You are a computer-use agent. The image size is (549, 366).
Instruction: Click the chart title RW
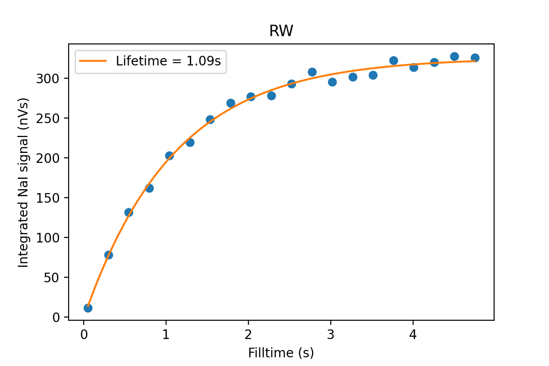tap(281, 31)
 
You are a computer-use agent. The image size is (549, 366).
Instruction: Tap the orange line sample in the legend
tap(93, 61)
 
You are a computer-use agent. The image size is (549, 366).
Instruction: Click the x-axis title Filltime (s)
tap(281, 353)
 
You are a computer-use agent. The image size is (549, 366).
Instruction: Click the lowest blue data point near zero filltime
tap(88, 308)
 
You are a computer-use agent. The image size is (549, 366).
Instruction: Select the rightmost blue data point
tap(475, 58)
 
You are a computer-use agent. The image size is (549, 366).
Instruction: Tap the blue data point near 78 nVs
tap(108, 255)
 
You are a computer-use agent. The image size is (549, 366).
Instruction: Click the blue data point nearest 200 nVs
tap(169, 156)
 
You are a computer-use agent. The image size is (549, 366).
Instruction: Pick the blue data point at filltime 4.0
tap(414, 67)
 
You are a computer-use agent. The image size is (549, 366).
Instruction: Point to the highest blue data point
tap(454, 56)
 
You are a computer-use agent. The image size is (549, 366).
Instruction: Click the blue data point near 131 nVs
tap(129, 212)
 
